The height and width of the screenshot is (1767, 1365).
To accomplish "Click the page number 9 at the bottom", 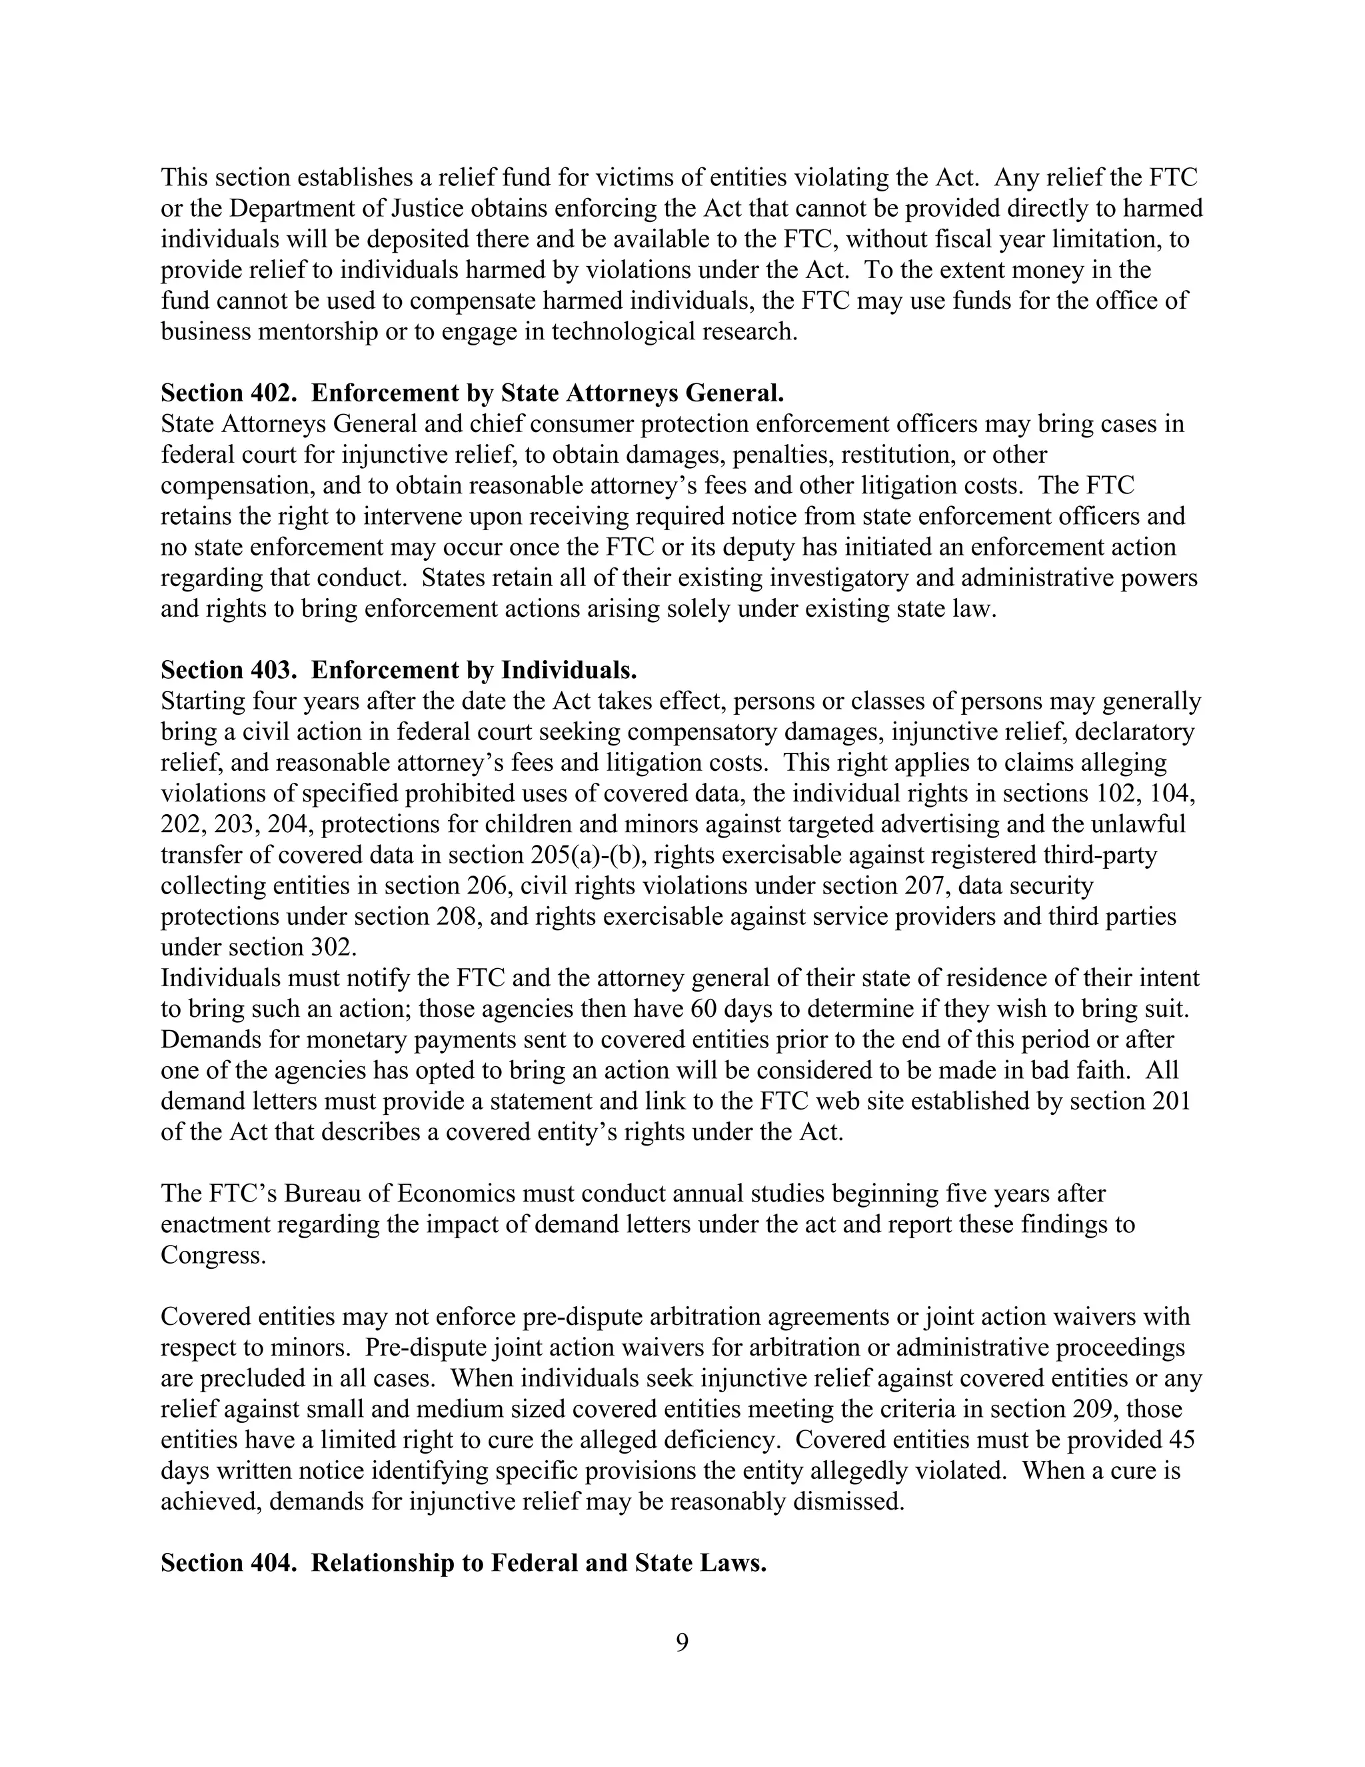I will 682,1642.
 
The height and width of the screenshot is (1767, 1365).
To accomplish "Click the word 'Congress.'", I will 213,1255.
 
